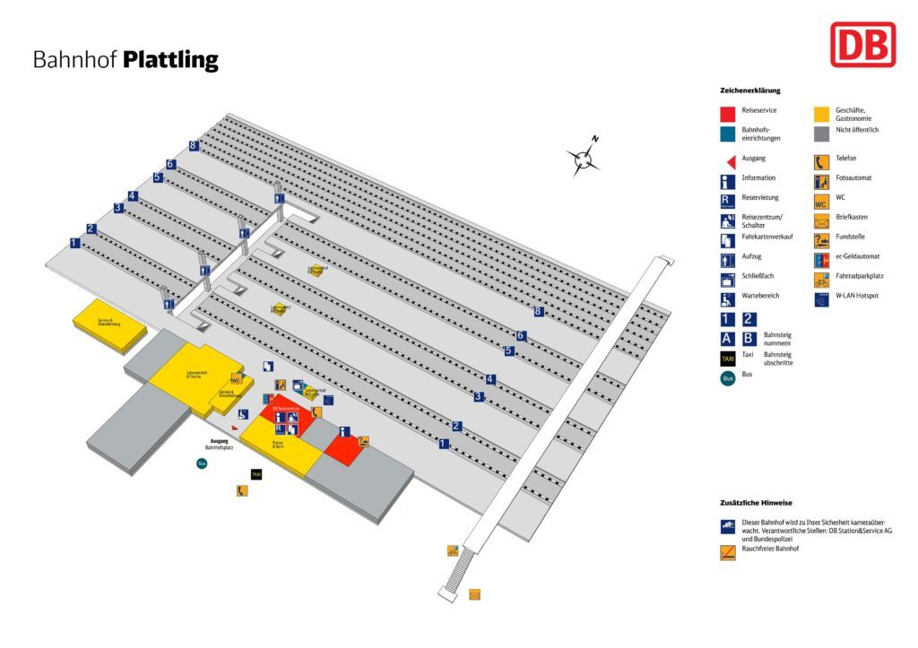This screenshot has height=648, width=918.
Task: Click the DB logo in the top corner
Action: pos(862,44)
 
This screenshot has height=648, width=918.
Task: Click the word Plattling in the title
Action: pos(170,60)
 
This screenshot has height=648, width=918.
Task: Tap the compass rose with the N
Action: pos(585,159)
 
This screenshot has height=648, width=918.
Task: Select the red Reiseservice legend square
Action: pos(727,114)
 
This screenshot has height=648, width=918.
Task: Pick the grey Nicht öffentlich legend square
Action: pos(821,134)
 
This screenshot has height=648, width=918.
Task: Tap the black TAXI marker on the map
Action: pos(256,474)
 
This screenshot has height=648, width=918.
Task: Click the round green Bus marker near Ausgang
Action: pos(202,463)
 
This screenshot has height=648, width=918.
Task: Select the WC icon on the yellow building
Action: pos(237,378)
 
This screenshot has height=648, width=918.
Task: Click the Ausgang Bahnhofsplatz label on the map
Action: pos(220,444)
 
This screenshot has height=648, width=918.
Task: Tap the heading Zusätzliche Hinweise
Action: pos(756,503)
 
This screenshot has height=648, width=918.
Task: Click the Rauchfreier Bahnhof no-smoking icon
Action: pos(727,552)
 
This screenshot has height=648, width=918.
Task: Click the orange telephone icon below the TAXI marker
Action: pos(241,490)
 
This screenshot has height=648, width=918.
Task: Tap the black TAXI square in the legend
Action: pos(727,359)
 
